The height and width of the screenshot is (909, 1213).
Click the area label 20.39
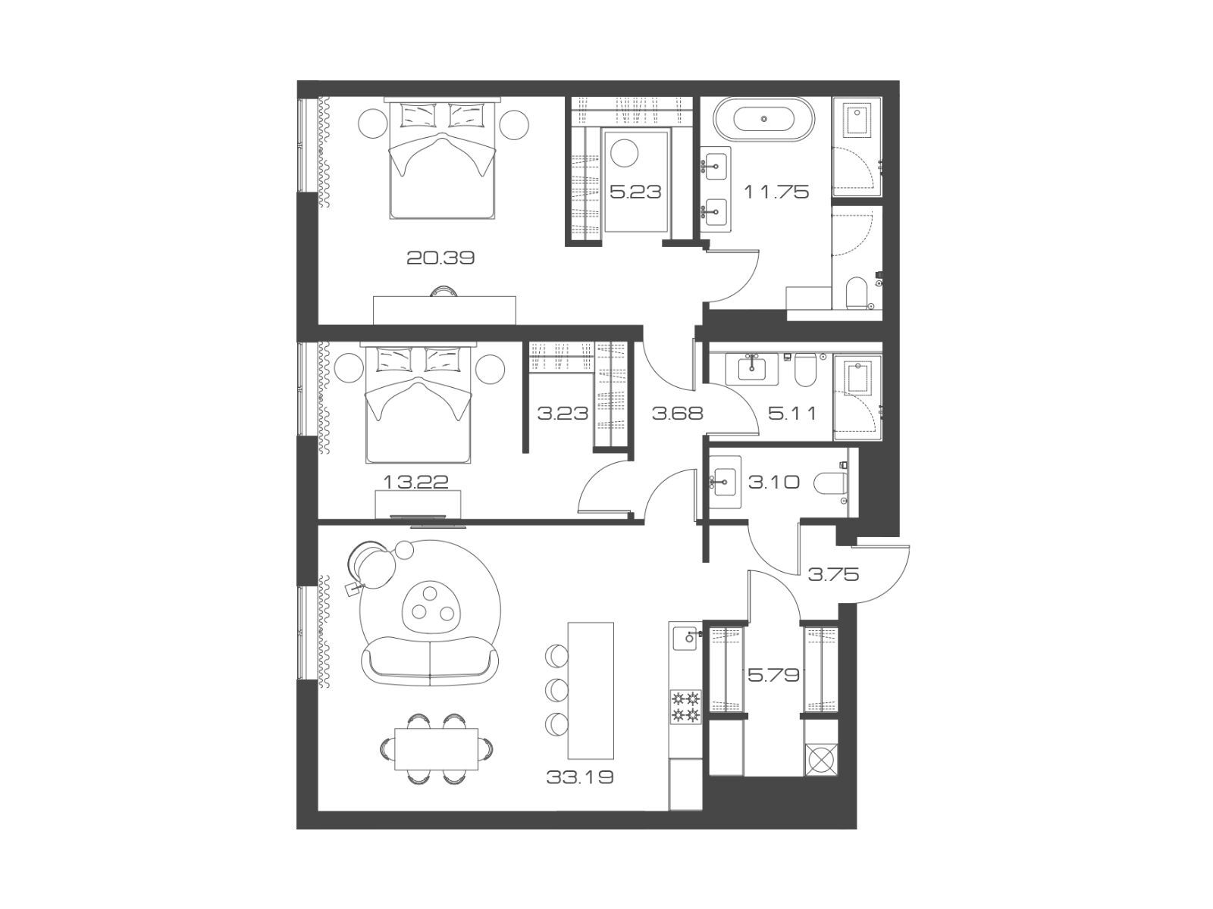(440, 258)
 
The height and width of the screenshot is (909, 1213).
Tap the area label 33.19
(580, 777)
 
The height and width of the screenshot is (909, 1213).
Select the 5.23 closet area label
(635, 192)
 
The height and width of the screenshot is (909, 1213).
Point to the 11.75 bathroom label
(776, 192)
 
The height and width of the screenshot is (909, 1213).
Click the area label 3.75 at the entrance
(833, 574)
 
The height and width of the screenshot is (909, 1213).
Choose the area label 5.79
(774, 674)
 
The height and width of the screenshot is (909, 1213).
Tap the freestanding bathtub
(764, 119)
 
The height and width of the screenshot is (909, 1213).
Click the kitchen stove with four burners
(685, 707)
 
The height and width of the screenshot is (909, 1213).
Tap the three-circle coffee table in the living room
(431, 606)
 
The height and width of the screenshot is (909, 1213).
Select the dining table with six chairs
(436, 749)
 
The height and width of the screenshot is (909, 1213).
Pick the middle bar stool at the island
(556, 689)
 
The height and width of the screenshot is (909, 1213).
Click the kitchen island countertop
(591, 690)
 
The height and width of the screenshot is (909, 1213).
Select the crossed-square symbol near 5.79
(822, 760)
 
